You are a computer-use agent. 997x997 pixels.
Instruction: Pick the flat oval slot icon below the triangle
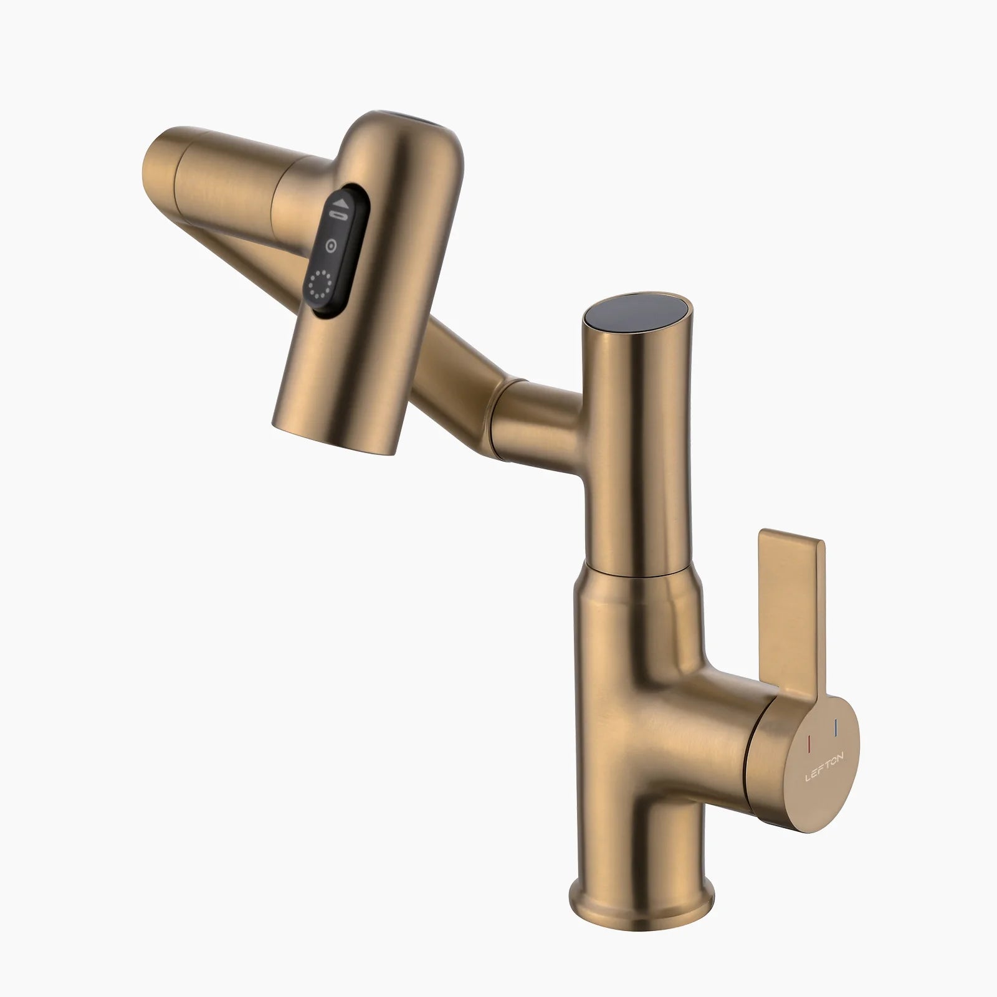pyautogui.click(x=339, y=216)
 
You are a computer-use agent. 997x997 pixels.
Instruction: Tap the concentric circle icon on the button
pyautogui.click(x=332, y=246)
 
